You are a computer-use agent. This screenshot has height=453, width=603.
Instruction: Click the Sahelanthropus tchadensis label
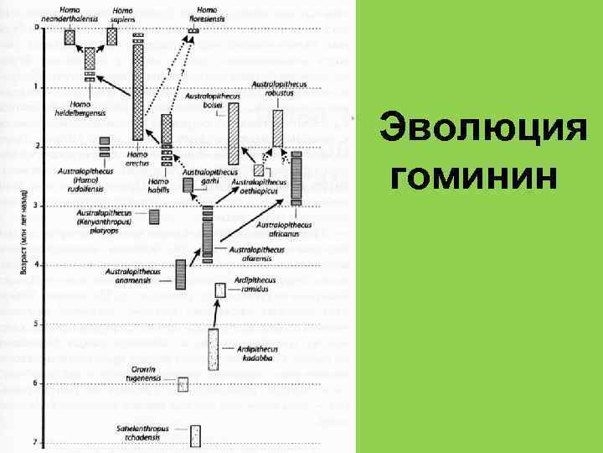[143, 434]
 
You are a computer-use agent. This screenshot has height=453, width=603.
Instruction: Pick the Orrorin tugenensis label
[148, 372]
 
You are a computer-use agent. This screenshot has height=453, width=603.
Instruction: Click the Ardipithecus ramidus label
[252, 285]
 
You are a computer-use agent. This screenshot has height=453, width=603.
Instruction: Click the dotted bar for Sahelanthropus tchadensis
[196, 436]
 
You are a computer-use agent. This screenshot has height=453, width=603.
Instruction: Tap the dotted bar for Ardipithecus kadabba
[214, 349]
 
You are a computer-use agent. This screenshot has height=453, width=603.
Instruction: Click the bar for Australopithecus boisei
[234, 133]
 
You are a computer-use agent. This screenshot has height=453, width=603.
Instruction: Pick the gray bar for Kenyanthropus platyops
[154, 216]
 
